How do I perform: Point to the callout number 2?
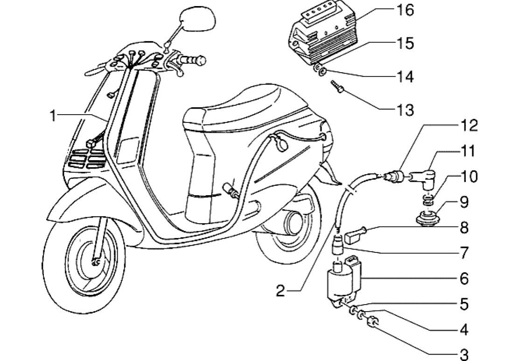point(280,291)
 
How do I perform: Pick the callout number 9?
point(464,202)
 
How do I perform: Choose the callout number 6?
point(464,279)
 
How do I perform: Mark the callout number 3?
point(464,354)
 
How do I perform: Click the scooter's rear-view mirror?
point(198,20)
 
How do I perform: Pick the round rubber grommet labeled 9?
point(427,218)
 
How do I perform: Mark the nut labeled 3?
point(373,322)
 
